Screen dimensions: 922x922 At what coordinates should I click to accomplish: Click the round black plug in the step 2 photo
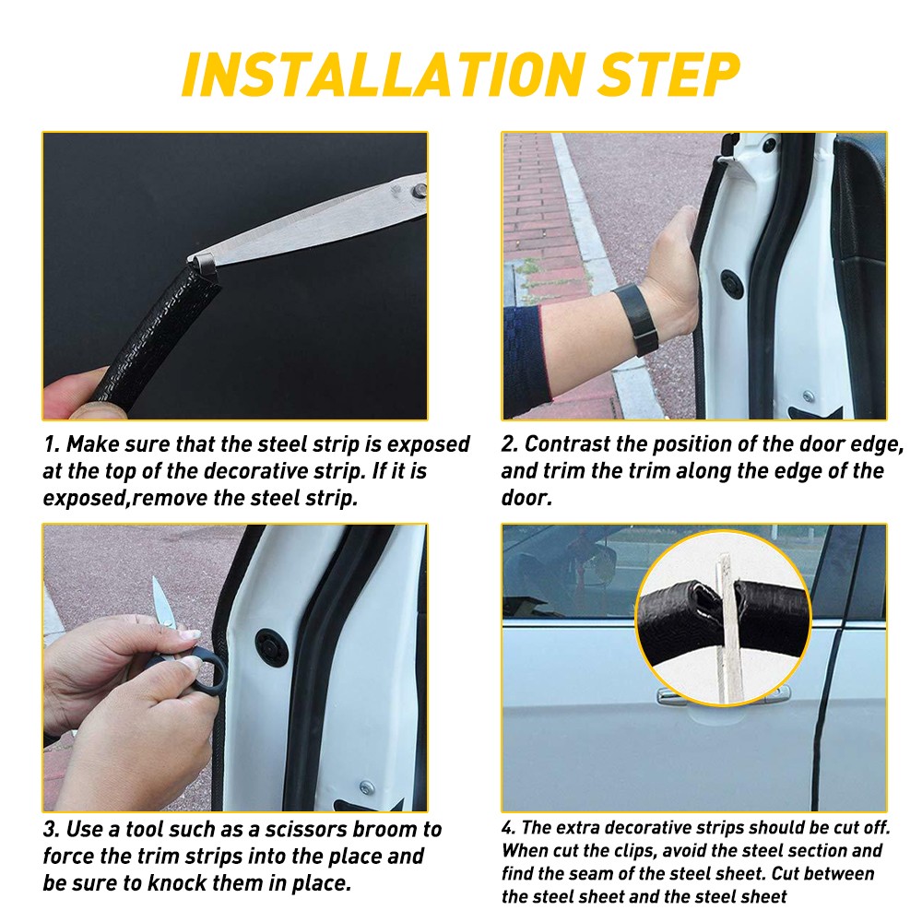coord(732,284)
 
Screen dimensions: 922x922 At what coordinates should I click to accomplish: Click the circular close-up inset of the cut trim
coord(722,617)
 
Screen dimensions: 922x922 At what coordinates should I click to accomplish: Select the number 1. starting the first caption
coord(51,444)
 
